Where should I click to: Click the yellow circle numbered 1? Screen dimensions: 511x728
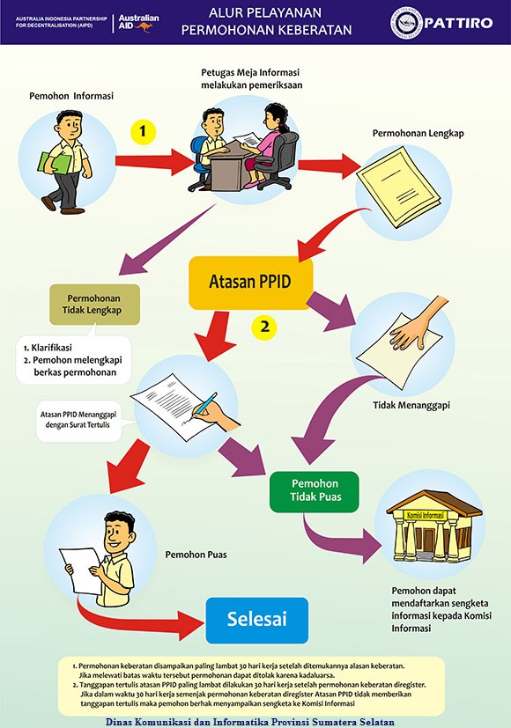(x=143, y=131)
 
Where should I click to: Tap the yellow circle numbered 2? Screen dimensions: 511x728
(x=264, y=327)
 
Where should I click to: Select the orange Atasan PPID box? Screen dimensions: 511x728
(x=250, y=283)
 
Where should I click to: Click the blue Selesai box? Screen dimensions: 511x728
(x=257, y=620)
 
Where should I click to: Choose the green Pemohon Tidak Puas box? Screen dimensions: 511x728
(x=315, y=491)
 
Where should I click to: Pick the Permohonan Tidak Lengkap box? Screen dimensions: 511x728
(x=94, y=304)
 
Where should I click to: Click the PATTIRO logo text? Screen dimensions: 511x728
(x=457, y=23)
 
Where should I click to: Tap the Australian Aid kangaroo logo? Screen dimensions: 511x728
(x=138, y=23)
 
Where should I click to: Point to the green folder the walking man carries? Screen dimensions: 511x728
(x=55, y=163)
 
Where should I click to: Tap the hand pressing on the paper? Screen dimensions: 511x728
(x=416, y=326)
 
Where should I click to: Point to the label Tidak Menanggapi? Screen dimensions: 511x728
(x=411, y=405)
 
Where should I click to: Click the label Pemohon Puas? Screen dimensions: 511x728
(x=196, y=555)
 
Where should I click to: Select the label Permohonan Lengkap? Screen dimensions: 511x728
(x=418, y=133)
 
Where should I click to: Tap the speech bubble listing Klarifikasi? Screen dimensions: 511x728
(x=74, y=359)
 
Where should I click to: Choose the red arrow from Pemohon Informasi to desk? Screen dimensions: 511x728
(x=155, y=161)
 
